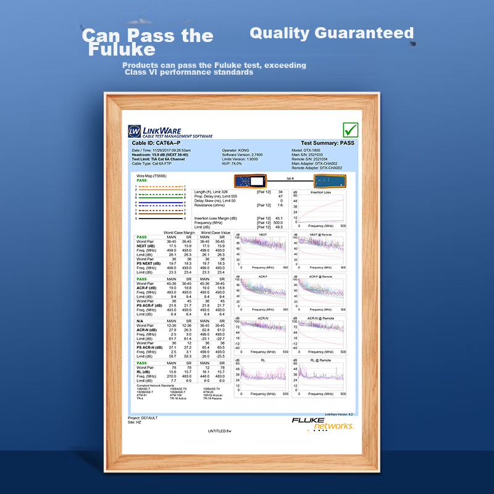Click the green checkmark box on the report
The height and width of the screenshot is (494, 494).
click(x=351, y=130)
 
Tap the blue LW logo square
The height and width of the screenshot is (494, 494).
click(x=135, y=131)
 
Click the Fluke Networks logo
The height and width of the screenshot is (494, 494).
click(x=324, y=423)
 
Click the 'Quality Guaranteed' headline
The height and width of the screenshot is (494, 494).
click(x=332, y=33)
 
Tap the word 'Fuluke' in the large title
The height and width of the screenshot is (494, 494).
click(x=121, y=49)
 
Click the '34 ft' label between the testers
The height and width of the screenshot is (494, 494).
click(x=290, y=178)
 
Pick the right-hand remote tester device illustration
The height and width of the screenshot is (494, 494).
click(x=329, y=181)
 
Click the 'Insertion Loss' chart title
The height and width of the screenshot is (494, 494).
click(x=320, y=192)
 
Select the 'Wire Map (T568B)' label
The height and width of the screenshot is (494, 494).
click(x=151, y=175)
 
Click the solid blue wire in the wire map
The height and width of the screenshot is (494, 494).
click(x=159, y=203)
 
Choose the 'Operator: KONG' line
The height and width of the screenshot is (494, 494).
click(x=236, y=150)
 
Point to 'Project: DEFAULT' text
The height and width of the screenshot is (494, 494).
click(x=143, y=417)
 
